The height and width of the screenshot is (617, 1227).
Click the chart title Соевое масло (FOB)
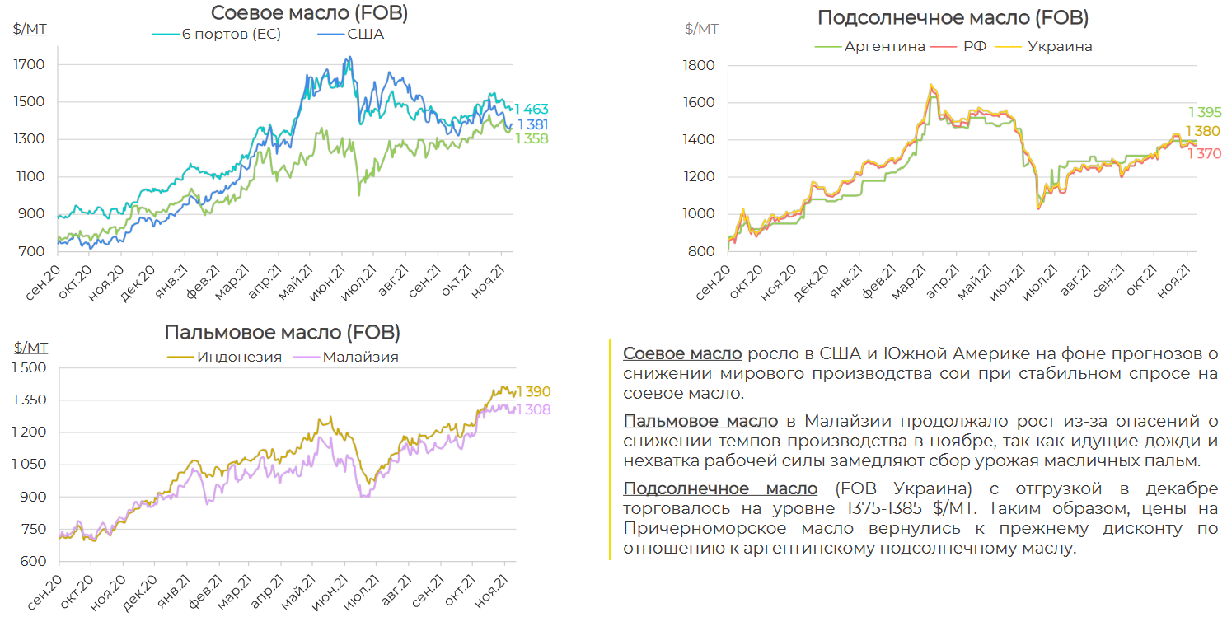tap(309, 13)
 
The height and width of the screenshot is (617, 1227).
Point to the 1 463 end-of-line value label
tap(532, 110)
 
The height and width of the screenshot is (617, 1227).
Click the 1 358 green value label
tap(532, 138)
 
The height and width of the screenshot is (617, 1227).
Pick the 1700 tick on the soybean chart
tap(29, 64)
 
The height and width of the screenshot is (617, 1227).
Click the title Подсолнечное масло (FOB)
tap(953, 18)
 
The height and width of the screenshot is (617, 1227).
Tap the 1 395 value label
tap(1204, 112)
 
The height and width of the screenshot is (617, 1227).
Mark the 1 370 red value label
tap(1204, 153)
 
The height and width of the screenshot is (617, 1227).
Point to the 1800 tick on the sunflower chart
tap(701, 65)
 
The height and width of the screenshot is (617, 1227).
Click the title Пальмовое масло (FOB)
tap(283, 333)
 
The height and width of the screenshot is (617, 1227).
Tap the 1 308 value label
tap(534, 410)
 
